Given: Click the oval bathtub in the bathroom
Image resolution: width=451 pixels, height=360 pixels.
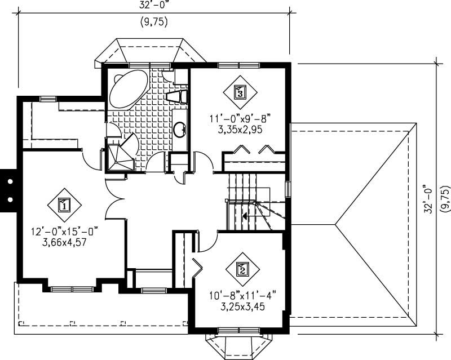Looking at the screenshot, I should [127, 90].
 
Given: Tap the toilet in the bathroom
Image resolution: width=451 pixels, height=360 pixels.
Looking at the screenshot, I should [177, 96].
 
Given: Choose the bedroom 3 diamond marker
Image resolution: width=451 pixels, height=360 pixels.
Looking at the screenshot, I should [240, 91].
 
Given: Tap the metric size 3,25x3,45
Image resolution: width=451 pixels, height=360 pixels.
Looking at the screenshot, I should [242, 307].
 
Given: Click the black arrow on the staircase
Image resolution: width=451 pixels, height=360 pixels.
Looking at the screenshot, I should [245, 215].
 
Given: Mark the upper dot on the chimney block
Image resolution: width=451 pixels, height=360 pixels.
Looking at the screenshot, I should [10, 181].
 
